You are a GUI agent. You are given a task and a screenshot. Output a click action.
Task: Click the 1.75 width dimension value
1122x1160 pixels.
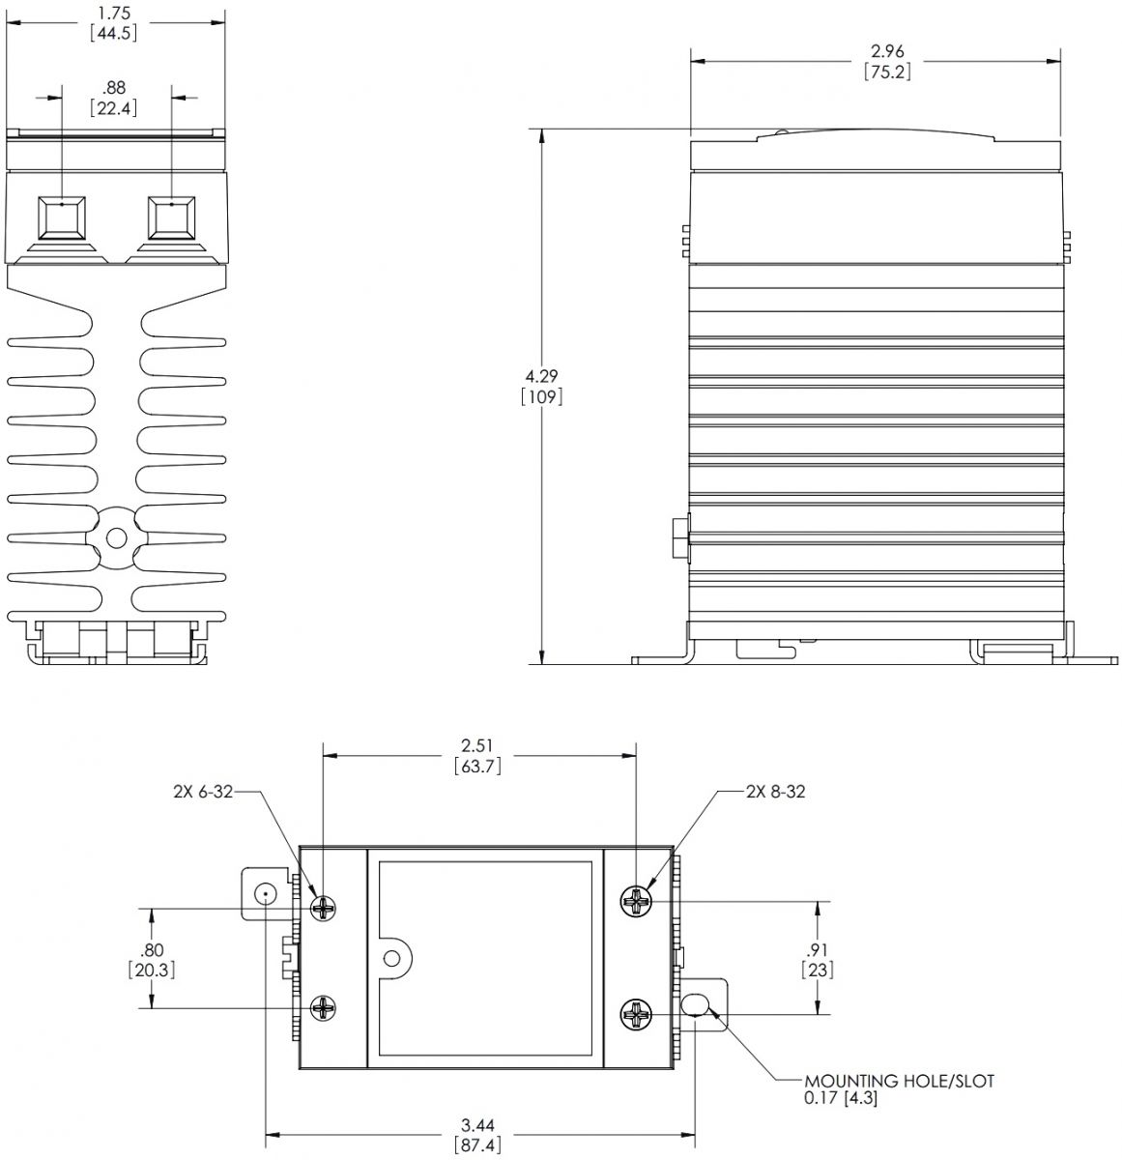(x=114, y=14)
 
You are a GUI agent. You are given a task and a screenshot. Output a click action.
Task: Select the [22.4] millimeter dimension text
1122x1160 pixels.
(x=114, y=108)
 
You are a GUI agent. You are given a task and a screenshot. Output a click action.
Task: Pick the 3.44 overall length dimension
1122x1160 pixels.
(x=477, y=1125)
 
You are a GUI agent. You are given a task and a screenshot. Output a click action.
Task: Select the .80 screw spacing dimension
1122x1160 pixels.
(x=150, y=949)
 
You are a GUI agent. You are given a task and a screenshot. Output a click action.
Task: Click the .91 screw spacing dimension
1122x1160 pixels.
(x=818, y=949)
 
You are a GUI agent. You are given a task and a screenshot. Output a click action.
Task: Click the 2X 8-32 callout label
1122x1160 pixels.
(x=775, y=792)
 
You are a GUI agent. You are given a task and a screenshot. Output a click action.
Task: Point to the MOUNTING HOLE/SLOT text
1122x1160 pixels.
(x=899, y=1081)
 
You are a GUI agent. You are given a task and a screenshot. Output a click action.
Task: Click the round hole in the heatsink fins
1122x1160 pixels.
(x=117, y=536)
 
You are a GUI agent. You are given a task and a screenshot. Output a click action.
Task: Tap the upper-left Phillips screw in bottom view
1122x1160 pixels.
(x=325, y=907)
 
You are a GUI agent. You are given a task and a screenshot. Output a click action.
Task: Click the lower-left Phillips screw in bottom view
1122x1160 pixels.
(x=325, y=1009)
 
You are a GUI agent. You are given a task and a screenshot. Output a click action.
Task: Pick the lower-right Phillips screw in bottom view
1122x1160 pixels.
(x=638, y=1015)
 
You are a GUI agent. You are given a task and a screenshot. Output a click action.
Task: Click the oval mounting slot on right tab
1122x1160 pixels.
(x=696, y=1006)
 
